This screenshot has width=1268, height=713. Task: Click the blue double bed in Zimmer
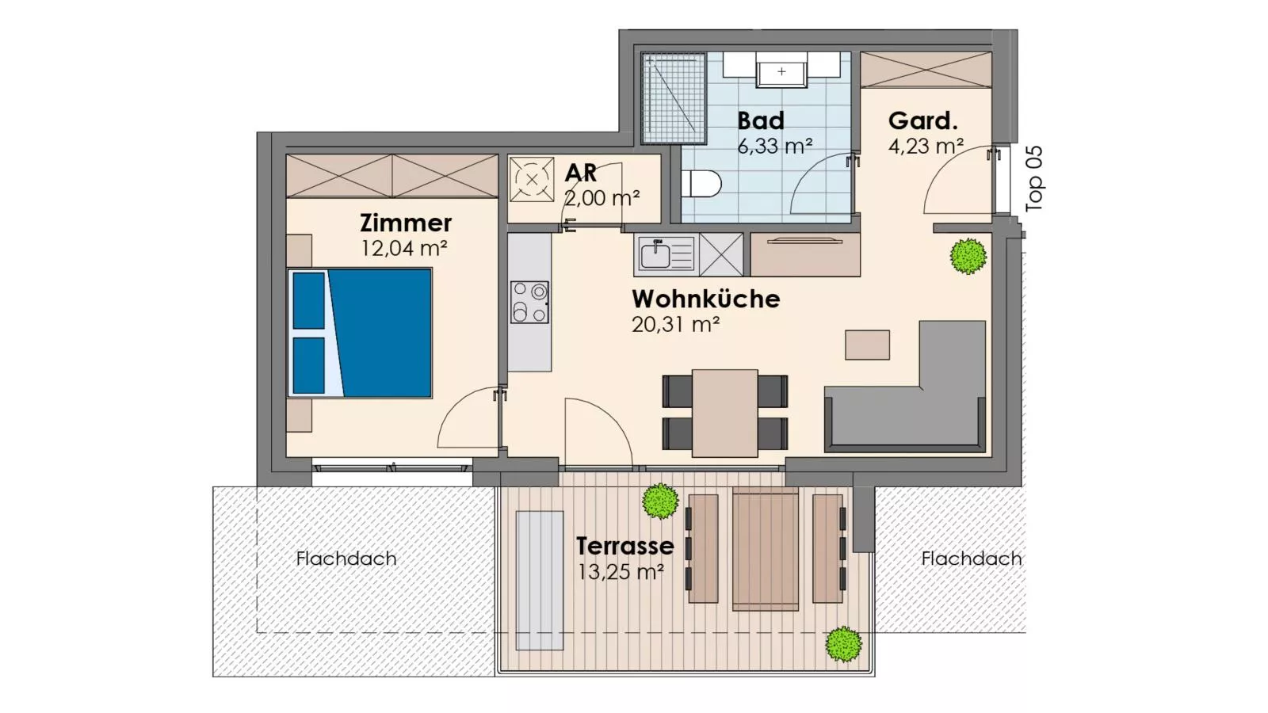pyautogui.click(x=361, y=333)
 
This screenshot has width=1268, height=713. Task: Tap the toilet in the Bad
pyautogui.click(x=701, y=185)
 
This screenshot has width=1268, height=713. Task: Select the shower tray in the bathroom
pyautogui.click(x=674, y=98)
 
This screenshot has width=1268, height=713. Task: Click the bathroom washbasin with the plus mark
pyautogui.click(x=781, y=71)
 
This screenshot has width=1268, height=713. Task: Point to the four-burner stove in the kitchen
pyautogui.click(x=529, y=303)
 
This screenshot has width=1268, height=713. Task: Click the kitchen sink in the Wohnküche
pyautogui.click(x=656, y=255)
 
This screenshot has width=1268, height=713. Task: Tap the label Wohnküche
pyautogui.click(x=705, y=299)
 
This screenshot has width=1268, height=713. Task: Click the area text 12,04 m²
pyautogui.click(x=404, y=248)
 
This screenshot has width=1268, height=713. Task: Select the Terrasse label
pyautogui.click(x=624, y=546)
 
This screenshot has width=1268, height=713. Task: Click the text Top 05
pyautogui.click(x=1034, y=178)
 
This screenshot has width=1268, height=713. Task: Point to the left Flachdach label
pyautogui.click(x=346, y=559)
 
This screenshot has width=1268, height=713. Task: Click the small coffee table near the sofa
pyautogui.click(x=867, y=345)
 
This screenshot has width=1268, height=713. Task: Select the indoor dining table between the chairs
pyautogui.click(x=724, y=413)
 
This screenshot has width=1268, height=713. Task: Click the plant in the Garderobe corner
pyautogui.click(x=968, y=256)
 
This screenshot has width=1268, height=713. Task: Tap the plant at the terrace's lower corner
pyautogui.click(x=843, y=644)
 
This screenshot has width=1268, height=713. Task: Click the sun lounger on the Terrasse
pyautogui.click(x=540, y=580)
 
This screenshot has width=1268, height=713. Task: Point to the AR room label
pyautogui.click(x=580, y=173)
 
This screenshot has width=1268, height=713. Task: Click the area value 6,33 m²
pyautogui.click(x=774, y=147)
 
